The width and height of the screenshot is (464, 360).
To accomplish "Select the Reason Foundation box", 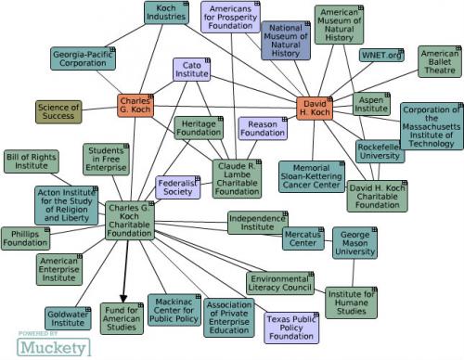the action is click(264, 128).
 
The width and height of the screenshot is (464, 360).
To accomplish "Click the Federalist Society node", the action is click(178, 188).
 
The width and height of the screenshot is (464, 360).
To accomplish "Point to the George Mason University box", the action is click(355, 242).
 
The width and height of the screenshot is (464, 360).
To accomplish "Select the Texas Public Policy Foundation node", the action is click(290, 328).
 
